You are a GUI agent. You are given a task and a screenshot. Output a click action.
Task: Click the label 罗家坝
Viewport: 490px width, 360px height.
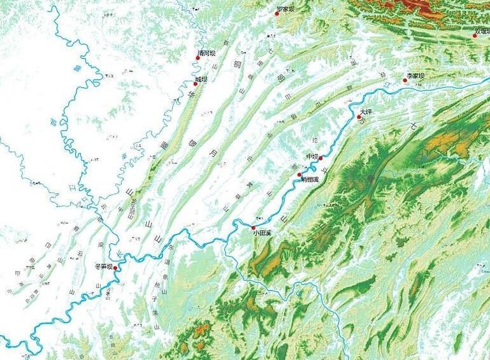click(285, 10)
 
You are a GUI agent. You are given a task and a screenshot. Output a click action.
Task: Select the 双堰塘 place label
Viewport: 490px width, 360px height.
click(482, 30)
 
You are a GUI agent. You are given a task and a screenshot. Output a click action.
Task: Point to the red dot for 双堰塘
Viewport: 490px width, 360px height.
click(475, 36)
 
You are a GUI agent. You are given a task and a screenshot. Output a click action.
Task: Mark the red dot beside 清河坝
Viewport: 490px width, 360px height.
click(198, 58)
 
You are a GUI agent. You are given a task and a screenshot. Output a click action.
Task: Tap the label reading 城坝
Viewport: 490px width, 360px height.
click(201, 79)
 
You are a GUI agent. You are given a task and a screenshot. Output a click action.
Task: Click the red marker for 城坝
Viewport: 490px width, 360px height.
click(196, 83)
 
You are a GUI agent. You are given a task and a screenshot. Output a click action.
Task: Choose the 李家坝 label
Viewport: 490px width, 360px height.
click(415, 76)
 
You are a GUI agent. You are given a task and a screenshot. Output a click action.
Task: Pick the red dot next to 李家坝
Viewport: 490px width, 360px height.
click(405, 80)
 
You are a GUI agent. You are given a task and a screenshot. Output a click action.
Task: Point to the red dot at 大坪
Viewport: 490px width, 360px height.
click(359, 117)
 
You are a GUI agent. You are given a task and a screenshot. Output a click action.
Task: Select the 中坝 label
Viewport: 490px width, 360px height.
click(312, 157)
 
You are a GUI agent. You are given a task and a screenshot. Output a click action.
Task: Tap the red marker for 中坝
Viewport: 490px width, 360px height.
click(321, 157)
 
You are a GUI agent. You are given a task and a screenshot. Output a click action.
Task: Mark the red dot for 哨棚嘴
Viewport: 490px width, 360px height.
click(299, 175)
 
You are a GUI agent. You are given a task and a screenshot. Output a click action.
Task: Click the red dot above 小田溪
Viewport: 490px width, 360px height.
click(254, 227)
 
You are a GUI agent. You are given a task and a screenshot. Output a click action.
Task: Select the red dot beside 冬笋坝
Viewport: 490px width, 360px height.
click(115, 268)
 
